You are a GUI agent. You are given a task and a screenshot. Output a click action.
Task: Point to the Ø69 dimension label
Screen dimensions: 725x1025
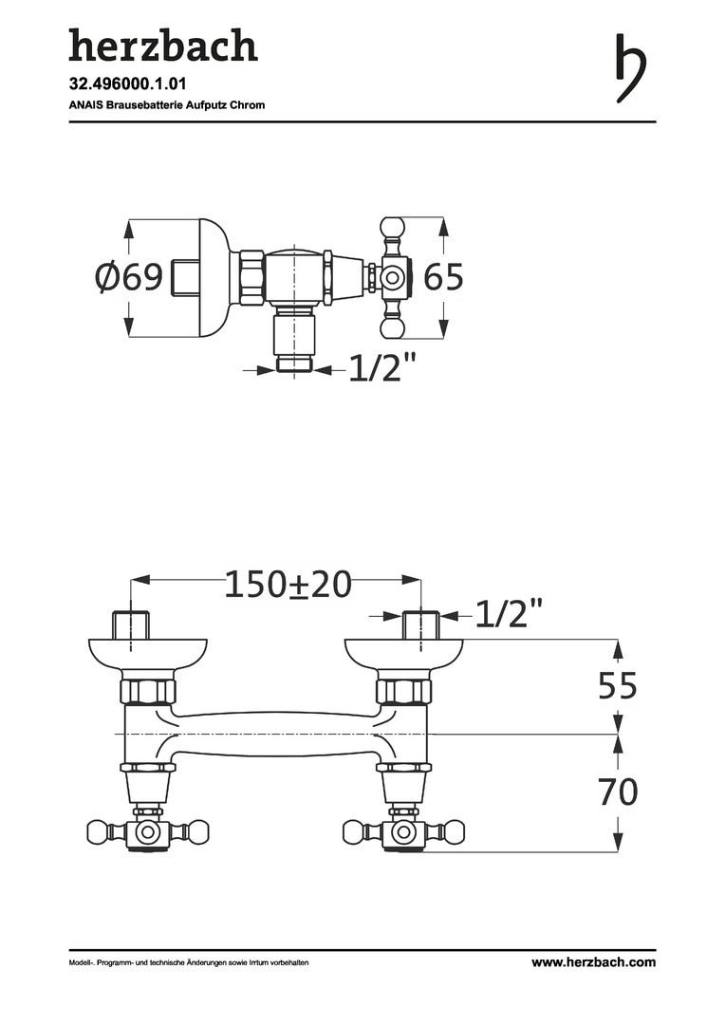point(129,277)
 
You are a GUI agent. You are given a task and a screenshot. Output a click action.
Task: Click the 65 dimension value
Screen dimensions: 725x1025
point(444,276)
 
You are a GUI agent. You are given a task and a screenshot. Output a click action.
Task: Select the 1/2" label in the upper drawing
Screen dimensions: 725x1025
point(382,367)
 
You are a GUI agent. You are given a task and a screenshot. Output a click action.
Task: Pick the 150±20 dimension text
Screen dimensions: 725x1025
point(288,584)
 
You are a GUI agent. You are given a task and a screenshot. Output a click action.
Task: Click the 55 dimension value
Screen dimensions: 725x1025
point(618,685)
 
